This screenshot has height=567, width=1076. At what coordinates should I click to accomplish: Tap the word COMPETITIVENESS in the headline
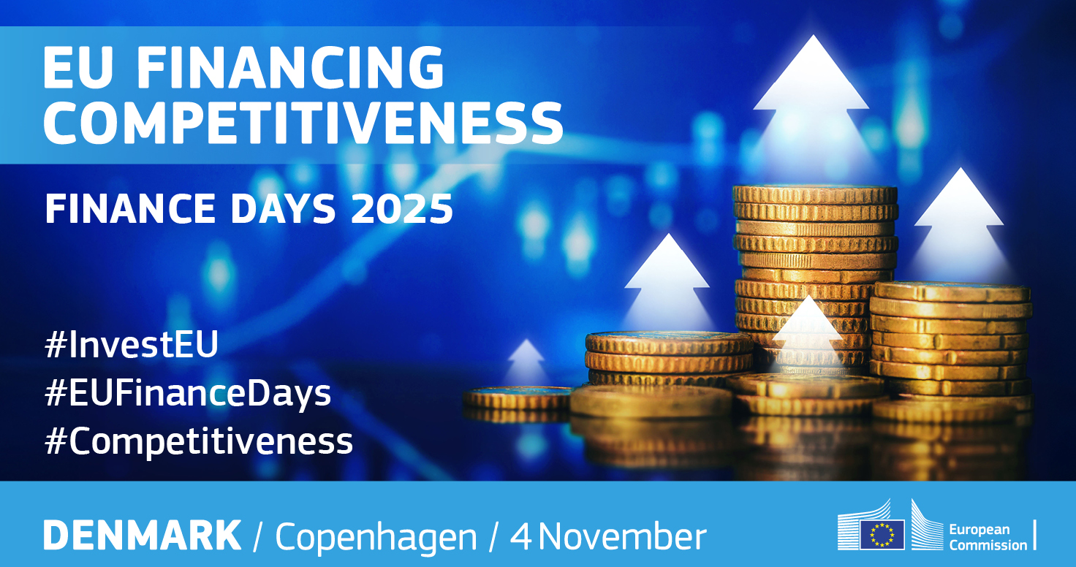point(303,123)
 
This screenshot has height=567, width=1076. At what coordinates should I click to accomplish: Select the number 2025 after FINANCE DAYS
point(401,209)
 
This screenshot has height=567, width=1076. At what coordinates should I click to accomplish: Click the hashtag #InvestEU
point(132,343)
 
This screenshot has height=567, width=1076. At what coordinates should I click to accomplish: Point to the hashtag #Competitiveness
point(199,441)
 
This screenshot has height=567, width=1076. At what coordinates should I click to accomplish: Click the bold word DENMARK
point(143,535)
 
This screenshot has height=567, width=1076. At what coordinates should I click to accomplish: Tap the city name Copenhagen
point(376,538)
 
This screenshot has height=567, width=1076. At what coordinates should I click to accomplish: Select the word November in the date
point(623,536)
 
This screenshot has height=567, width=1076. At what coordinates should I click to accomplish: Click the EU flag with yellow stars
point(882,534)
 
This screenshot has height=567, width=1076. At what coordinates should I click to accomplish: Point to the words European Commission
point(988,537)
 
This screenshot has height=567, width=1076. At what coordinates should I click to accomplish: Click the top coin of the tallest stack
point(815,194)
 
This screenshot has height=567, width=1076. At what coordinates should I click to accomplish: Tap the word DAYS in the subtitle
point(284,209)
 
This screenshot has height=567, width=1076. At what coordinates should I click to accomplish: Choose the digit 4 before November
point(521,536)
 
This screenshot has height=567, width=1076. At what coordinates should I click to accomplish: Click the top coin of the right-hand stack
point(951,292)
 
